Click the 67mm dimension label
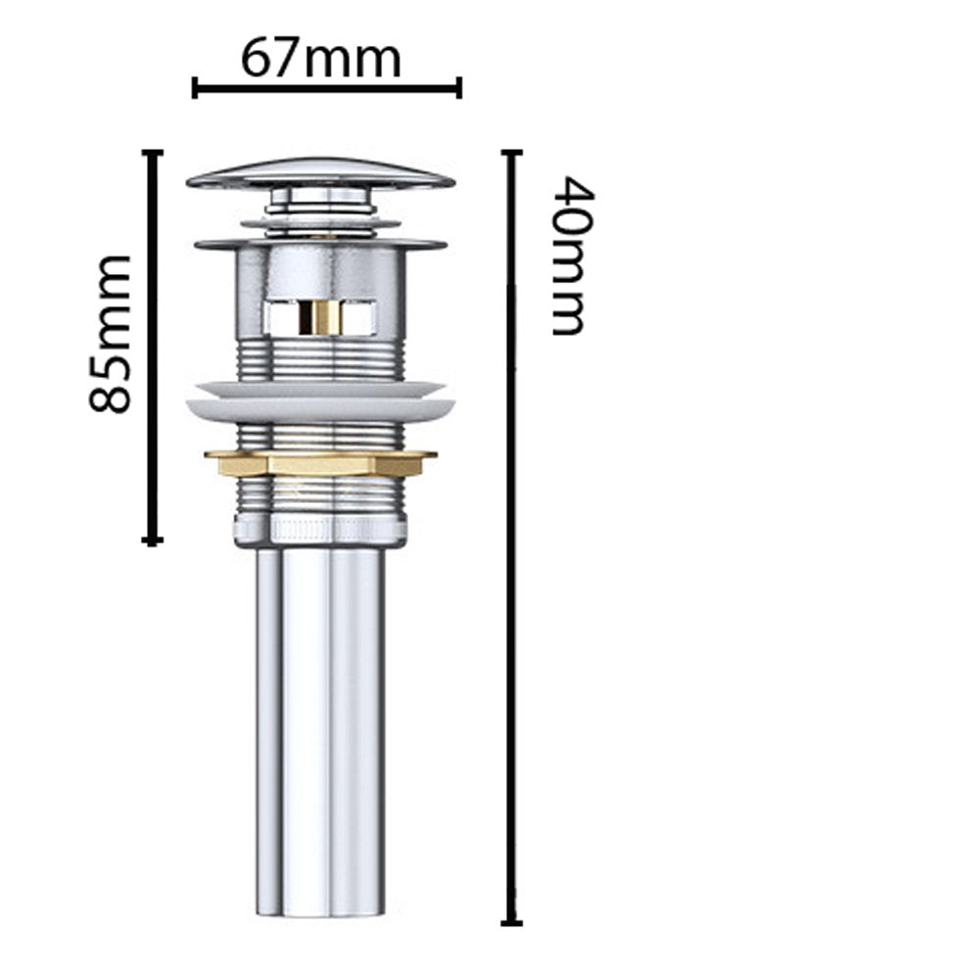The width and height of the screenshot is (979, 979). [321, 60]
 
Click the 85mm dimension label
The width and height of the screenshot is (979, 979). [110, 334]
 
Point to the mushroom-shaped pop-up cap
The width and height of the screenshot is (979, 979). [320, 176]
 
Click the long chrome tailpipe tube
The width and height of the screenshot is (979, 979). [321, 724]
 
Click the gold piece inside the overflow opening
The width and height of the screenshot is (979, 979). [319, 316]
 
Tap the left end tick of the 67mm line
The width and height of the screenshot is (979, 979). [195, 89]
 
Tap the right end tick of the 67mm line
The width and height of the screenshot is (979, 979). [458, 89]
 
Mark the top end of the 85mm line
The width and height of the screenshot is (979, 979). [151, 152]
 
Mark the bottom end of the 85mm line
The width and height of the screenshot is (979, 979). [151, 539]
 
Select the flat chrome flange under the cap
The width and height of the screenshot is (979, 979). [320, 242]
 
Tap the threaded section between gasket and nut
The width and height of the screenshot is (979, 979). [320, 434]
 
